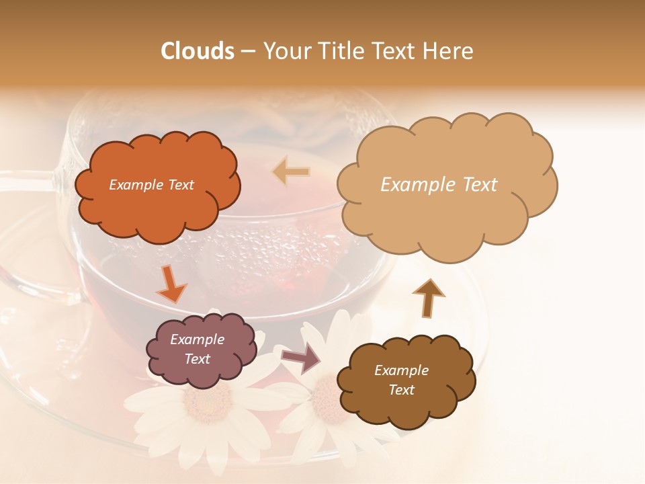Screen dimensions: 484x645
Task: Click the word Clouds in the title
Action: pyautogui.click(x=198, y=51)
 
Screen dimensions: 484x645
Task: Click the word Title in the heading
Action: pyautogui.click(x=337, y=51)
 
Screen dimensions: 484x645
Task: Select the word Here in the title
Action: pyautogui.click(x=448, y=51)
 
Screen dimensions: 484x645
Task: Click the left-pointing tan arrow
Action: pyautogui.click(x=292, y=172)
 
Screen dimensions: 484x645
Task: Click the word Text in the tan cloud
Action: pyautogui.click(x=476, y=185)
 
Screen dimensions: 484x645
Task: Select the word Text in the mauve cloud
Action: pyautogui.click(x=198, y=359)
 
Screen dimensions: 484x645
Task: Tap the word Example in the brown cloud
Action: pyautogui.click(x=401, y=370)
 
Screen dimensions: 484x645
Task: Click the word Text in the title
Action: pyautogui.click(x=399, y=51)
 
